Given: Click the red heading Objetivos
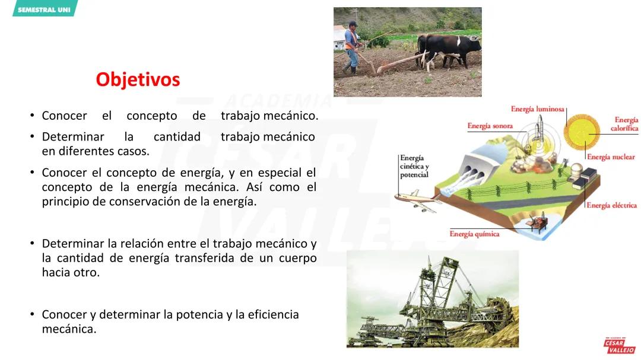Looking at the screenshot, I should pyautogui.click(x=138, y=79).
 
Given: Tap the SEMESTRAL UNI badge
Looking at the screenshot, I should pyautogui.click(x=44, y=9).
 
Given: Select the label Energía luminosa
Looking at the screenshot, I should pyautogui.click(x=538, y=109).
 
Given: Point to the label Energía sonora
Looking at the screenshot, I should pyautogui.click(x=490, y=126).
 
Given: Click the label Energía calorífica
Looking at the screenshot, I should pyautogui.click(x=625, y=124).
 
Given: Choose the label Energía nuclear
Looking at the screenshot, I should pyautogui.click(x=611, y=157).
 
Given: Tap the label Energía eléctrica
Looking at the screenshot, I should pyautogui.click(x=611, y=205).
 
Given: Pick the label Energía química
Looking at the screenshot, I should pyautogui.click(x=474, y=234).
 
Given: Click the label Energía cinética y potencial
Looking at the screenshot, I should pyautogui.click(x=414, y=166).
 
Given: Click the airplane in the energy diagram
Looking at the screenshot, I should pyautogui.click(x=417, y=200).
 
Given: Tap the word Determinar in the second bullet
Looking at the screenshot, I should pyautogui.click(x=73, y=136).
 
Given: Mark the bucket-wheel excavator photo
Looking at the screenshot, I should pyautogui.click(x=432, y=298).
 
